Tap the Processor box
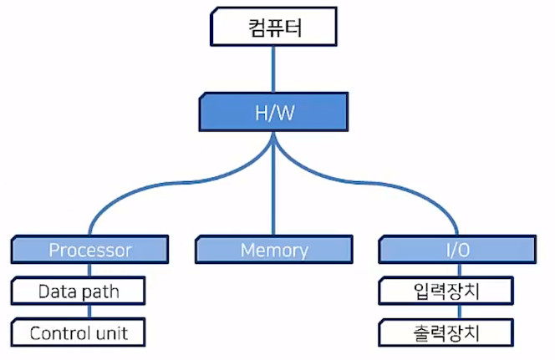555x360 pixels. (x=90, y=250)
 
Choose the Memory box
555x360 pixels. (x=274, y=250)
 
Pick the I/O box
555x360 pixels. (x=456, y=250)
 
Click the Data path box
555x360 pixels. (x=79, y=292)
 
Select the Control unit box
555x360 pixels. (x=79, y=333)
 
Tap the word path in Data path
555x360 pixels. (x=100, y=292)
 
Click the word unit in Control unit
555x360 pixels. (x=113, y=333)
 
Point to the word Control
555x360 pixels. (x=60, y=333)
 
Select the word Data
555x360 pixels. (x=57, y=292)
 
